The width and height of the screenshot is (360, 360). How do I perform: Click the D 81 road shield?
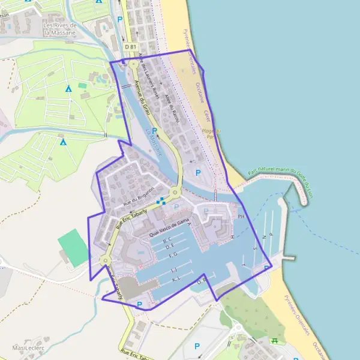131,46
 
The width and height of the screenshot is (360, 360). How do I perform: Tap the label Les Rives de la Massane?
60,29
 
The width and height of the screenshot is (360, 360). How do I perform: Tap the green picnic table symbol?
275,340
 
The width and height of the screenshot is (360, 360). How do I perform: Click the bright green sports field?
74,247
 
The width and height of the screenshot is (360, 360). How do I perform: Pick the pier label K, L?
176,279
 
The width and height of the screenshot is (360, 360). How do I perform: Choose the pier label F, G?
173,254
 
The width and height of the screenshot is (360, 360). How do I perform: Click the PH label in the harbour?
242,216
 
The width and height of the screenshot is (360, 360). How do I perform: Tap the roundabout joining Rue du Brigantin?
175,192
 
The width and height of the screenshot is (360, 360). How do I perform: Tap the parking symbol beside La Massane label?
155,130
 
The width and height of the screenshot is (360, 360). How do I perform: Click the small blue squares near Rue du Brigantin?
160,202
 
